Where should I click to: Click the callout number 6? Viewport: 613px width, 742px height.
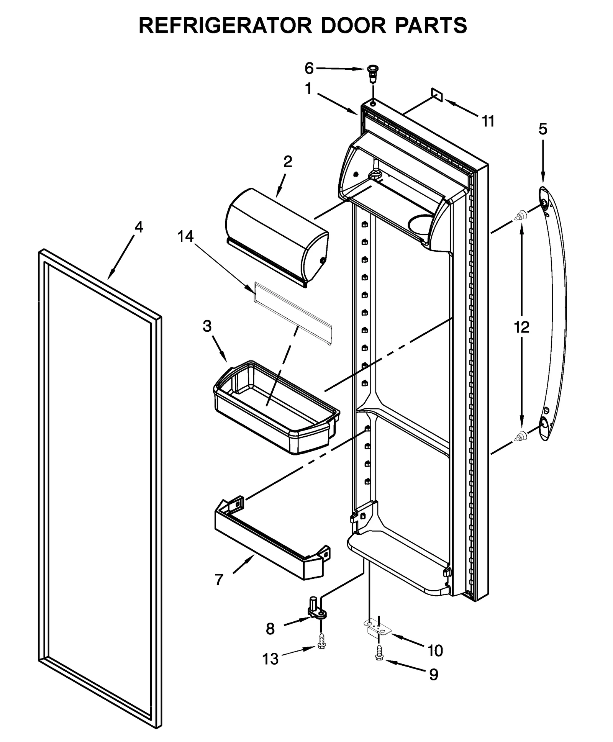[x=309, y=69]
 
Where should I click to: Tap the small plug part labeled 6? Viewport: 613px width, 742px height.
[x=371, y=72]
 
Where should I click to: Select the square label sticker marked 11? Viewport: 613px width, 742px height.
[x=437, y=95]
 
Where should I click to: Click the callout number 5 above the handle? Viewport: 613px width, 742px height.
[x=543, y=129]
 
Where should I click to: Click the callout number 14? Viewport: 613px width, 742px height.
[x=185, y=237]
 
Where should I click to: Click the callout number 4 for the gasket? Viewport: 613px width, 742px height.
[x=138, y=228]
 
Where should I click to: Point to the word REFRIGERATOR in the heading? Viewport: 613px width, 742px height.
[x=225, y=26]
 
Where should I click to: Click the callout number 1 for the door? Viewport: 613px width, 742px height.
[x=308, y=89]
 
